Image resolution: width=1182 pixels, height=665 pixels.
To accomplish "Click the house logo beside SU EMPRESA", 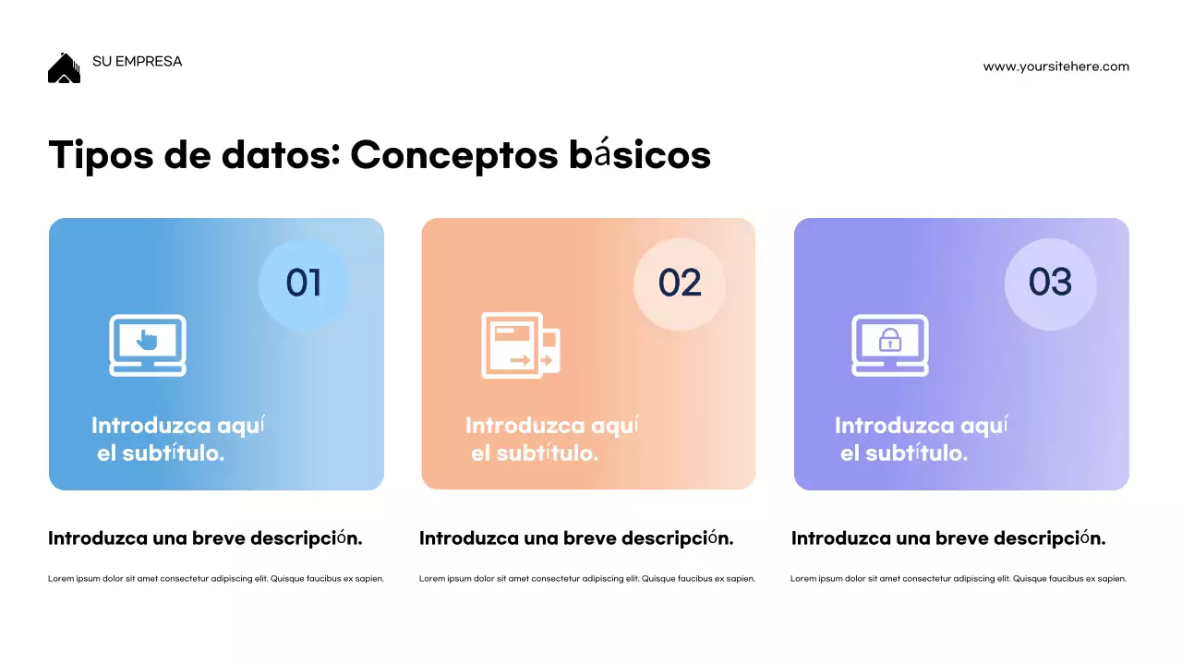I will point(64,68).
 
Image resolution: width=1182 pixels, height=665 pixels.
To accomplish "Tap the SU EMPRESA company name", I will point(138,62).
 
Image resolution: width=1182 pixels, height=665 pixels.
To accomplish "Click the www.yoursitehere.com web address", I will point(1055,66).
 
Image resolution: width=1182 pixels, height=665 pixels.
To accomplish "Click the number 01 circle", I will point(304,283).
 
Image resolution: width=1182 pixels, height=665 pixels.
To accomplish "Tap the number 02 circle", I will point(680,283).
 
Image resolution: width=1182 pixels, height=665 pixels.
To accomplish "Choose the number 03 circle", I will point(1050,283).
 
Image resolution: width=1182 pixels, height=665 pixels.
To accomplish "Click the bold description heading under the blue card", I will point(205,538).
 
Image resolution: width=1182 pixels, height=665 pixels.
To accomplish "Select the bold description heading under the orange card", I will point(576,538).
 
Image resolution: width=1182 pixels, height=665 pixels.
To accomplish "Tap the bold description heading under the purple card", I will point(948,538).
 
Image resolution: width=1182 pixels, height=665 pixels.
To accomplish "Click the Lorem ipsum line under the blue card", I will point(216,579).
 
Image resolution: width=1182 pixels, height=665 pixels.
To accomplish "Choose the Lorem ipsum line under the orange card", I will point(587,579).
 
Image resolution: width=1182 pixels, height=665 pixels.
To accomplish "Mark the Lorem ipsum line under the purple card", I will point(959,579).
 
